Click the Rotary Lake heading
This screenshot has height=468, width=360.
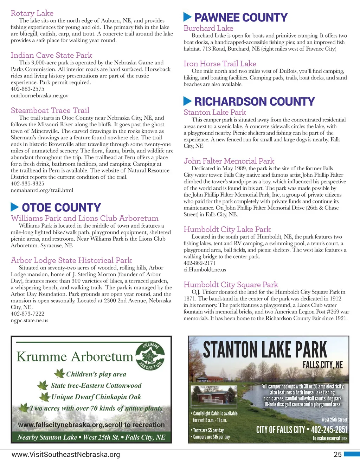coord(32,13)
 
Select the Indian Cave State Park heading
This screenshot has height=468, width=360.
coord(51,55)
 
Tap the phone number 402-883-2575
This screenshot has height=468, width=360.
coord(27,89)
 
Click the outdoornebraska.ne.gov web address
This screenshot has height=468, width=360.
coord(39,96)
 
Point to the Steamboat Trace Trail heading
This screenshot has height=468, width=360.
coord(50,110)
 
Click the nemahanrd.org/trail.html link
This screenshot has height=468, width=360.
coord(42,190)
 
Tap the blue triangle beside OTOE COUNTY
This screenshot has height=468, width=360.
coord(15,207)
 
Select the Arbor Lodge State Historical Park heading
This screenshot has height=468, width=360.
coord(71,260)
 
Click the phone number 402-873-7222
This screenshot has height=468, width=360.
coord(27,314)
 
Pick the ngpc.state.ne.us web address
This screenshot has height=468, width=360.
coord(30,321)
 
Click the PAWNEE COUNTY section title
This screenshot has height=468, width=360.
coord(241,18)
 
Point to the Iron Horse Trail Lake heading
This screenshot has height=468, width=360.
coord(220,64)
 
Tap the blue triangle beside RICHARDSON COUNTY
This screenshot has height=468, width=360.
coord(187,101)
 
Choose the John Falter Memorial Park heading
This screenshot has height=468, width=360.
coord(229,161)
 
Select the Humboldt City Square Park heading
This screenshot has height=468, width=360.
coord(231,285)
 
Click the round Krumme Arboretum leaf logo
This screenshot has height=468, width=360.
coord(150,356)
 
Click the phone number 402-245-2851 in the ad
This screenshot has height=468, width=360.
coord(329,430)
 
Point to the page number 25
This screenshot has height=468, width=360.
coord(337,455)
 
